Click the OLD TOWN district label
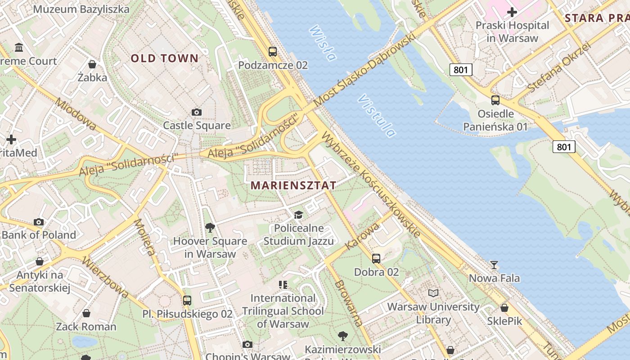pyautogui.click(x=164, y=58)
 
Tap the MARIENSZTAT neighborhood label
pyautogui.click(x=293, y=185)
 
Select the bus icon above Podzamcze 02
pyautogui.click(x=273, y=51)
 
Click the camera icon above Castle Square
pyautogui.click(x=197, y=112)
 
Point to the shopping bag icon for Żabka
pyautogui.click(x=92, y=64)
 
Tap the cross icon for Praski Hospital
pyautogui.click(x=512, y=12)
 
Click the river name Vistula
pyautogui.click(x=377, y=116)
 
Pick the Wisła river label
pyautogui.click(x=323, y=43)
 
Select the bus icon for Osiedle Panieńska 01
pyautogui.click(x=495, y=100)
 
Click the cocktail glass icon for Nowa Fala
pyautogui.click(x=494, y=265)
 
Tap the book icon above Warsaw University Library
pyautogui.click(x=433, y=293)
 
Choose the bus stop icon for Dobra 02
pyautogui.click(x=376, y=258)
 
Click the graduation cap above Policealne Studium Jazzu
pyautogui.click(x=298, y=215)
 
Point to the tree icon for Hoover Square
pyautogui.click(x=210, y=228)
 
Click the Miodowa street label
pyautogui.click(x=75, y=114)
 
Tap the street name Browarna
pyautogui.click(x=348, y=302)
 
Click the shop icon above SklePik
pyautogui.click(x=504, y=308)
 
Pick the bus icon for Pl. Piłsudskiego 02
pyautogui.click(x=187, y=300)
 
